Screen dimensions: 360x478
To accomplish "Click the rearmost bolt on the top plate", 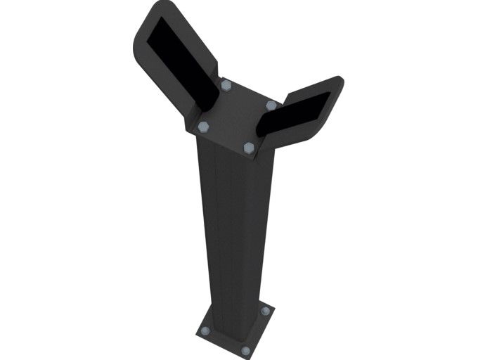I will pyautogui.click(x=226, y=86).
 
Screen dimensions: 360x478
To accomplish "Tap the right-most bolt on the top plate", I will pyautogui.click(x=271, y=105).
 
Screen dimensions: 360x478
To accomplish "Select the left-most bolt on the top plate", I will pyautogui.click(x=203, y=127).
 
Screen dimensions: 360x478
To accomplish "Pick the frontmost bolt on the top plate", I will pyautogui.click(x=249, y=147).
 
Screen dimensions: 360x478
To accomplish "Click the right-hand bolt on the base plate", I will pyautogui.click(x=265, y=311).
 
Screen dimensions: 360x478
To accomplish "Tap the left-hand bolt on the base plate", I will pyautogui.click(x=205, y=330).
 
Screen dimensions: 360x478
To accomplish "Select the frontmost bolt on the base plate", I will pyautogui.click(x=245, y=350).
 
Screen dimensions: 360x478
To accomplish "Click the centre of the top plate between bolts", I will pyautogui.click(x=237, y=116).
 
